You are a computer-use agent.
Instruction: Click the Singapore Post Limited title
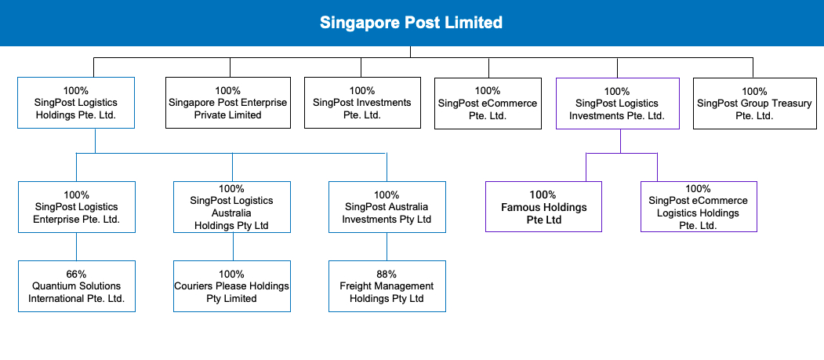click(411, 23)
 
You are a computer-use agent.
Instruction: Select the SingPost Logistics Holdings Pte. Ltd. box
click(76, 103)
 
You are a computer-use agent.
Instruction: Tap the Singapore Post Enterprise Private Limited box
click(228, 103)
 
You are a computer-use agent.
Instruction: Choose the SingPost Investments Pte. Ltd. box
click(361, 103)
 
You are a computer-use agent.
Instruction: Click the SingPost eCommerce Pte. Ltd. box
click(488, 103)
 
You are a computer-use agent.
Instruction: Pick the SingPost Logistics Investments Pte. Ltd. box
click(617, 103)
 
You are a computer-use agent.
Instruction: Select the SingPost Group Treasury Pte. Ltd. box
click(753, 103)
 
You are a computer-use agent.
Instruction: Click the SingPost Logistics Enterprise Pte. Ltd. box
click(76, 207)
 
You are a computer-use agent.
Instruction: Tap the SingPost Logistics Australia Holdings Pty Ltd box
click(232, 207)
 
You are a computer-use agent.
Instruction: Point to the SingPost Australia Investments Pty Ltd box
click(387, 207)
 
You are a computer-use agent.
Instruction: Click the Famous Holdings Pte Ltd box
click(544, 207)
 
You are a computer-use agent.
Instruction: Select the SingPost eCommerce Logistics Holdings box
click(698, 207)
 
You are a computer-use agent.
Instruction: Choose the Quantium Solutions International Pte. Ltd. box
click(76, 286)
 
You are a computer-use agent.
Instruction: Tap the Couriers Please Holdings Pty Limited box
click(232, 286)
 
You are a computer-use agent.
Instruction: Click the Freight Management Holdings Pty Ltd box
click(387, 286)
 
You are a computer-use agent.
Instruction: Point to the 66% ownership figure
click(76, 275)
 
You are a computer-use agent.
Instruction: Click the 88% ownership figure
click(387, 275)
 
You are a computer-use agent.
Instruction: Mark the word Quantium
click(53, 286)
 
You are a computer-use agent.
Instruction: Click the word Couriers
click(194, 286)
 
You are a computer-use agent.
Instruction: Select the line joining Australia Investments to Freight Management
click(387, 246)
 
